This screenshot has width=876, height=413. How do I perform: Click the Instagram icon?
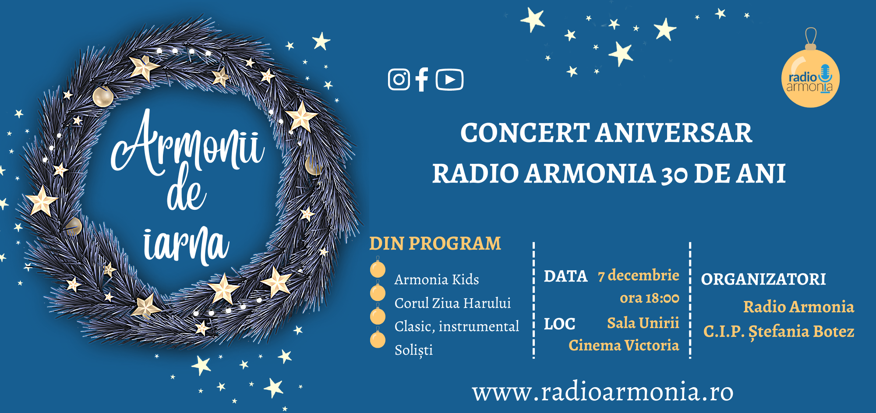(399, 80)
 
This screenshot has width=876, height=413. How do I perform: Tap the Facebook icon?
(422, 79)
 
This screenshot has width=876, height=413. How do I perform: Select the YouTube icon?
(449, 80)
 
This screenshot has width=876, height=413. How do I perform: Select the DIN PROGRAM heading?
(435, 244)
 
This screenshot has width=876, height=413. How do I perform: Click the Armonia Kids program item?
(437, 279)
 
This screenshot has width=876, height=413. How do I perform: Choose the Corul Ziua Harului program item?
(452, 303)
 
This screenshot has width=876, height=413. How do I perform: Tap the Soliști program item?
(413, 350)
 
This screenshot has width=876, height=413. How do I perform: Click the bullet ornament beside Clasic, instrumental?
(378, 315)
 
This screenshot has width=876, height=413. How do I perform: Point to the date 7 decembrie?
(639, 275)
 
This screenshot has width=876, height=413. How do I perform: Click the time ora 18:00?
(650, 298)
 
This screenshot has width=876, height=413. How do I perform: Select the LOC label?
(559, 324)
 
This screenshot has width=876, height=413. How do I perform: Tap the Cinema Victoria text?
(624, 346)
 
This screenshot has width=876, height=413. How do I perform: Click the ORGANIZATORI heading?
(763, 279)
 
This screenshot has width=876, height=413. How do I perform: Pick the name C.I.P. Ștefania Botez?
(779, 332)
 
